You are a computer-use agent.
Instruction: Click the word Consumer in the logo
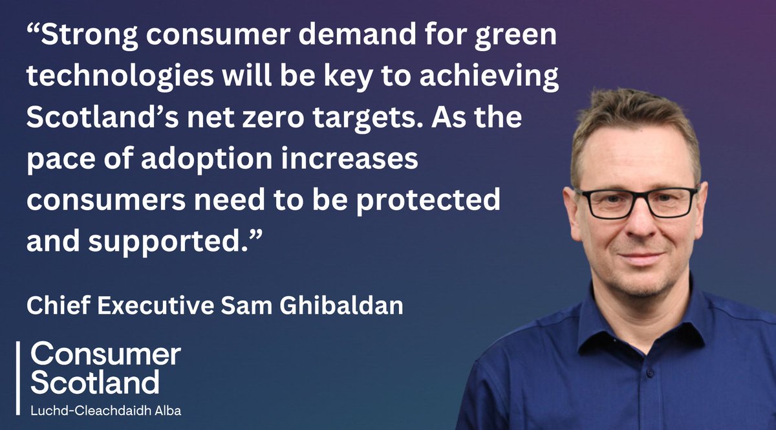pos(106,355)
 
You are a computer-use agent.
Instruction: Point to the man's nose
pos(637,223)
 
